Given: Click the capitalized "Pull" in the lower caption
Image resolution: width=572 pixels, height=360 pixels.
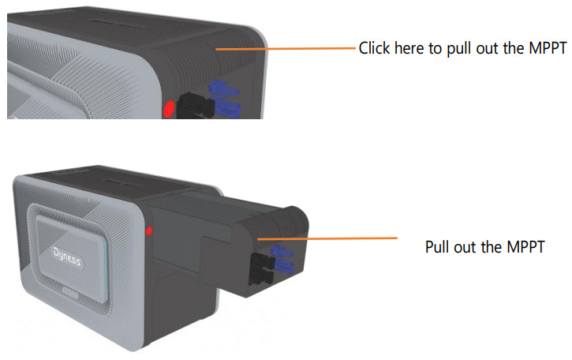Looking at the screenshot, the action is click(436, 247).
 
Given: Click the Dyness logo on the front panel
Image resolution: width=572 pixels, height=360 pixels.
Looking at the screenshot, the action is click(67, 257).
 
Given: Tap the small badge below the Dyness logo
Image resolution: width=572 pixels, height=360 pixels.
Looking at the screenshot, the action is click(69, 292).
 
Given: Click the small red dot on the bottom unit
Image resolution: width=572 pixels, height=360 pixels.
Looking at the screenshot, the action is click(149, 231).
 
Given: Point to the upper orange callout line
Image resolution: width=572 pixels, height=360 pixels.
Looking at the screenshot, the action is click(286, 48).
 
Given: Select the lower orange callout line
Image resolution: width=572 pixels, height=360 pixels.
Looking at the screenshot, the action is click(327, 238).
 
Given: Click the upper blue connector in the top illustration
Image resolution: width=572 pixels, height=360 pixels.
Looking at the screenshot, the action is click(222, 88).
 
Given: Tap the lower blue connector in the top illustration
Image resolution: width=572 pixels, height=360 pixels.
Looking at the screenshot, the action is click(228, 108).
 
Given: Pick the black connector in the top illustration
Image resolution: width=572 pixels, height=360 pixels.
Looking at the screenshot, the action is click(195, 106).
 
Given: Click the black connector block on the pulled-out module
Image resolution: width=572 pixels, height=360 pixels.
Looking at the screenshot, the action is click(262, 269).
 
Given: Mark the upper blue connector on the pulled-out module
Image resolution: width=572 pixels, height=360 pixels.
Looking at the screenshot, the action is click(281, 252).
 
